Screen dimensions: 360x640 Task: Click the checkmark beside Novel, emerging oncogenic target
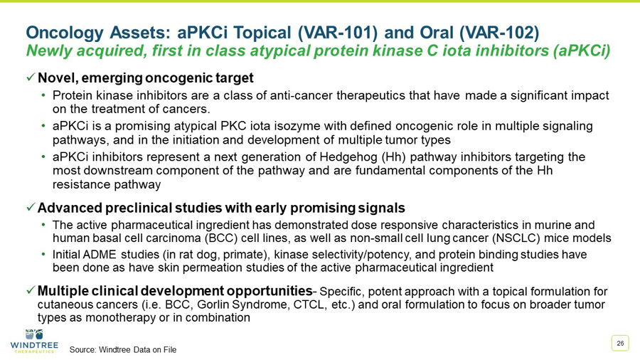coord(31,77)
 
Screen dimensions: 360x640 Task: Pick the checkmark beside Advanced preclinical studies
coord(31,208)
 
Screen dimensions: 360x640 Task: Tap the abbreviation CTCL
coord(302,305)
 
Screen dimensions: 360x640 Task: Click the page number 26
coord(620,344)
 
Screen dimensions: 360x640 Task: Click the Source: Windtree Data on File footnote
coord(122,349)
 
